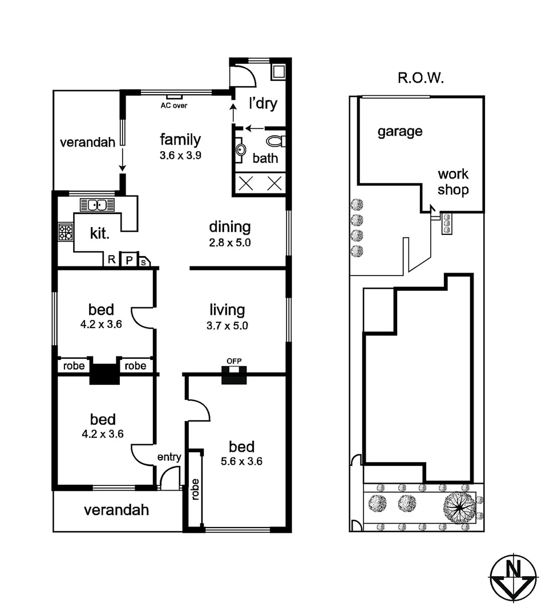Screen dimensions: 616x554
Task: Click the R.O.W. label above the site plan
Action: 420,78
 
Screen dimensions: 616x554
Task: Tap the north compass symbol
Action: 513,577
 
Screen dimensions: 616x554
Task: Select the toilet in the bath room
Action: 277,141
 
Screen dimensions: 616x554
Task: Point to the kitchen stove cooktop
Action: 66,232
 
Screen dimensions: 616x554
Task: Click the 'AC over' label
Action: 173,106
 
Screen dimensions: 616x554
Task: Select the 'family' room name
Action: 180,139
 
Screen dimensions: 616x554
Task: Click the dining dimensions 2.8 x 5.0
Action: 230,242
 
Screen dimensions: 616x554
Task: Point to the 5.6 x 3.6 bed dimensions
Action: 241,461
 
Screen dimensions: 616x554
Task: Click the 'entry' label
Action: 169,456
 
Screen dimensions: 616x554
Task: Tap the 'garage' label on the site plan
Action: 400,131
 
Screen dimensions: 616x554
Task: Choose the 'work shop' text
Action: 453,181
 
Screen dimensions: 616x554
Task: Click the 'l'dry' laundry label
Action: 263,103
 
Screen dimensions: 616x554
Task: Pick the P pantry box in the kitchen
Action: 129,260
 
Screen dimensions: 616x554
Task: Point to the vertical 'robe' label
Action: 196,488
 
